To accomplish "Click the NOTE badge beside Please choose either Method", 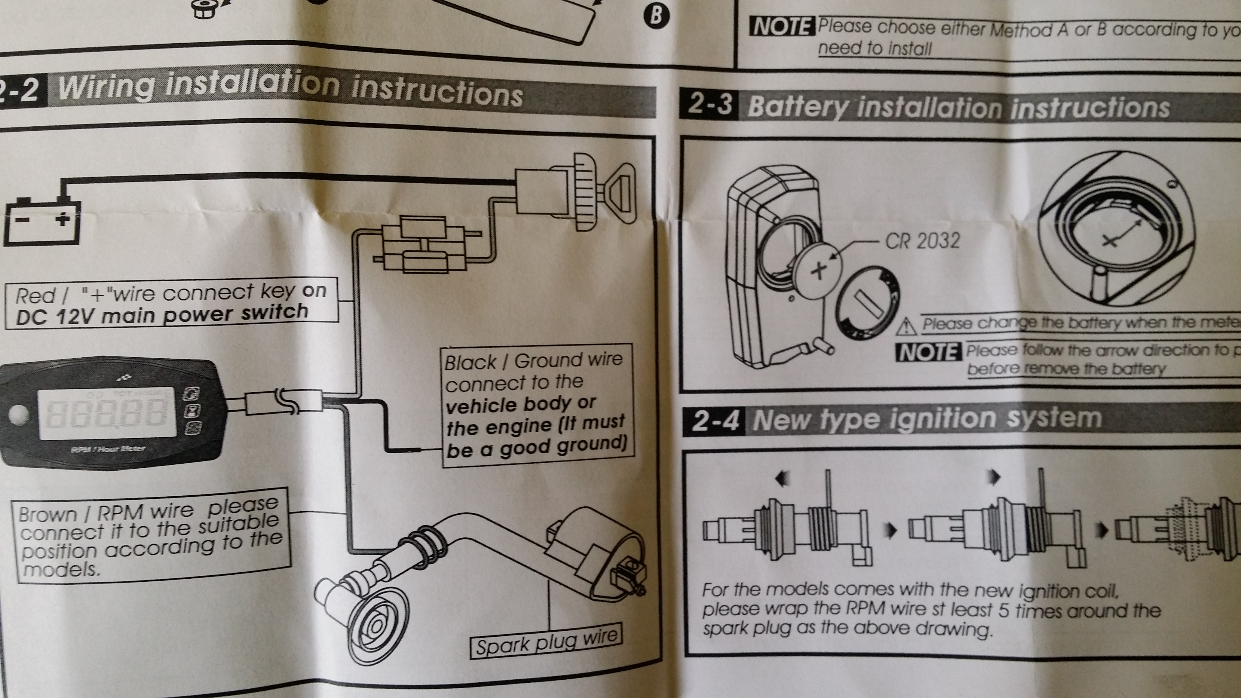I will pos(781,27).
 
